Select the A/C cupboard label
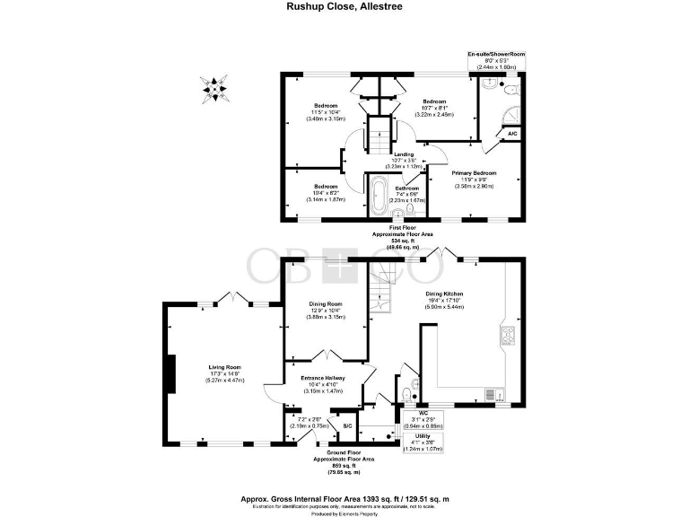click(x=512, y=134)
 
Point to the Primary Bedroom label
click(x=474, y=172)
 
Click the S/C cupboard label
click(x=346, y=425)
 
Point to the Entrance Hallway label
click(x=323, y=378)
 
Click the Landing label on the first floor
click(x=403, y=155)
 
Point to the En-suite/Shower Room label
click(x=496, y=55)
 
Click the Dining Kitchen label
click(x=443, y=294)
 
